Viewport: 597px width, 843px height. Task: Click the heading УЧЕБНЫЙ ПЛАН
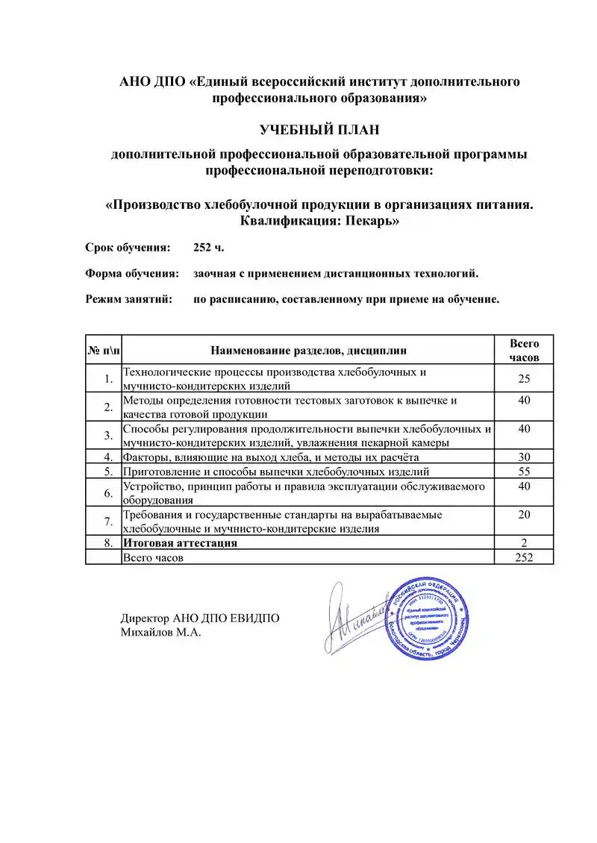pos(319,131)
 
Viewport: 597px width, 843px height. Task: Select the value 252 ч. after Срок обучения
pos(208,247)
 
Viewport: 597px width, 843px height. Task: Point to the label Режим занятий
pos(129,299)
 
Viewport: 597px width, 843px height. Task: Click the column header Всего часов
pos(524,350)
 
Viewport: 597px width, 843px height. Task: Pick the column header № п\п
pos(104,350)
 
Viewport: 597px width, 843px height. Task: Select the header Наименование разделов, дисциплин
pos(309,350)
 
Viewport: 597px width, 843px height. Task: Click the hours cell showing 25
pos(524,379)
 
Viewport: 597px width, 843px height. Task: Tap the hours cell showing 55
pos(524,471)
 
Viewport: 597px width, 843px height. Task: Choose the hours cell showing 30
pos(524,457)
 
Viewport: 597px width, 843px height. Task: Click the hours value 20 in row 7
pos(524,515)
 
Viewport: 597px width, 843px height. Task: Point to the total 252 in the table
pos(524,557)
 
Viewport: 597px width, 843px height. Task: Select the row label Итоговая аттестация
pos(180,543)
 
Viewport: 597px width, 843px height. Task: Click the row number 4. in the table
pos(108,457)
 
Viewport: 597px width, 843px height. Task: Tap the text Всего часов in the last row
pos(153,557)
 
